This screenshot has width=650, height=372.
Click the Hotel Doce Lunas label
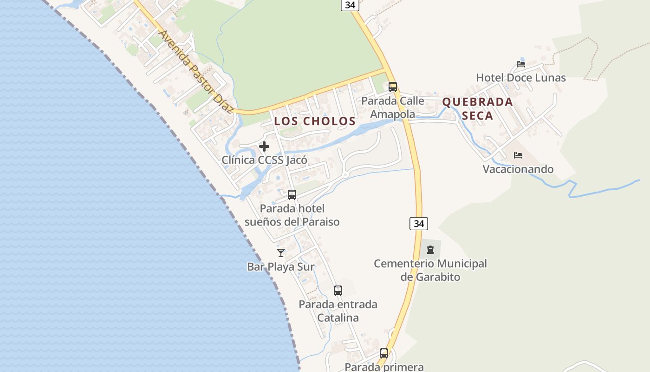click(x=520, y=78)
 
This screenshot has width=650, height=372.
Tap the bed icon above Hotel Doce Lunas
click(x=521, y=64)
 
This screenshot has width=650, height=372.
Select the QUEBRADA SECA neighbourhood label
click(x=478, y=108)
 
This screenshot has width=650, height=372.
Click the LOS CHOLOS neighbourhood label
click(x=315, y=121)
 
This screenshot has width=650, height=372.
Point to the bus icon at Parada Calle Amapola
click(x=393, y=86)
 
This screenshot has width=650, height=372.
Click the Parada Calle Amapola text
click(x=393, y=107)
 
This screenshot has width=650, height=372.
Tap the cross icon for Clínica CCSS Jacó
click(x=264, y=146)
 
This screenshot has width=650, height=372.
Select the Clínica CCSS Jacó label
click(x=264, y=160)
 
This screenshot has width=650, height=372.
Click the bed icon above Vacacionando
click(x=518, y=155)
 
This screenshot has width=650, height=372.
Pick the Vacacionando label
click(x=518, y=169)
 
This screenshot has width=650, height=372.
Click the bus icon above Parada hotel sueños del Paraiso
click(x=292, y=195)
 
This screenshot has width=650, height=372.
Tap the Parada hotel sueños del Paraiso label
click(x=292, y=215)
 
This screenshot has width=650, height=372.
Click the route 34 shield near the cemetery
click(x=419, y=224)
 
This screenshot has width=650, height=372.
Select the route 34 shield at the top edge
click(x=350, y=5)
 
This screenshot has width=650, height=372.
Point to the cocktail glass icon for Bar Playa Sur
click(x=281, y=252)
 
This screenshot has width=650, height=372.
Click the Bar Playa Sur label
click(x=281, y=267)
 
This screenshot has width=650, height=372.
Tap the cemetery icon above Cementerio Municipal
click(x=430, y=250)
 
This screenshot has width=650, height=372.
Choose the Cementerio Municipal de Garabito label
click(x=430, y=270)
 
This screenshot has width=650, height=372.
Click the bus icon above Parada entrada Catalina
click(x=338, y=291)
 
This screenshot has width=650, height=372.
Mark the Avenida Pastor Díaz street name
click(x=195, y=72)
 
